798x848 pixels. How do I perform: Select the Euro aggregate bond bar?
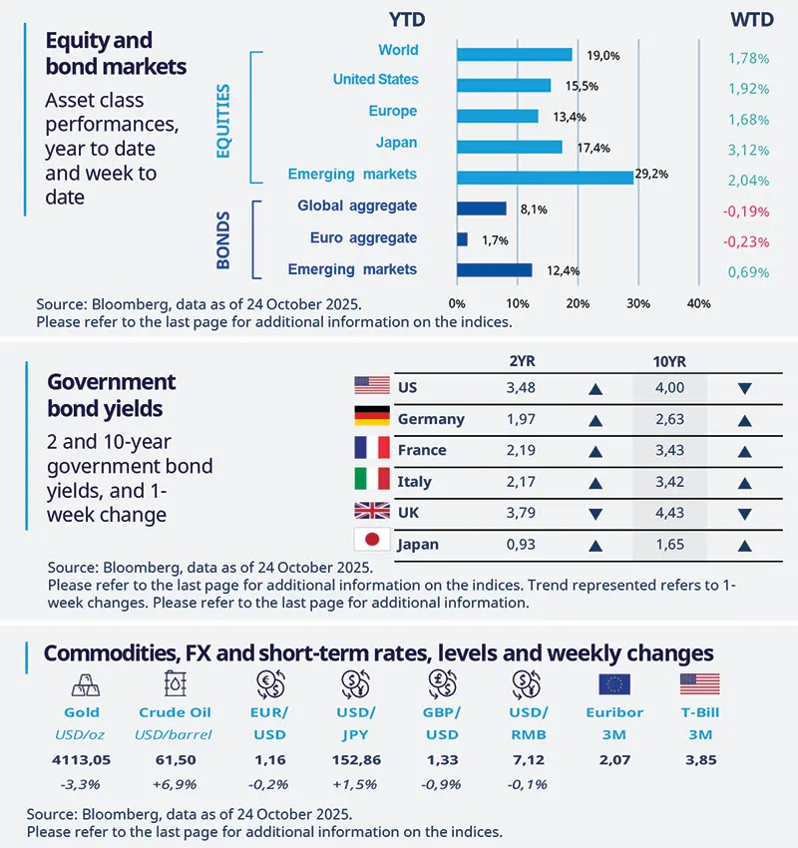(x=462, y=239)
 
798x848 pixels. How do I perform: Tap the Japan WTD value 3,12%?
(x=748, y=150)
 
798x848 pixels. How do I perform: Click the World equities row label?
(x=398, y=50)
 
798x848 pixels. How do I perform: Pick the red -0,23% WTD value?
(x=748, y=240)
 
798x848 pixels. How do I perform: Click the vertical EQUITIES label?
(x=222, y=120)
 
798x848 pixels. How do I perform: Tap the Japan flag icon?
(x=370, y=544)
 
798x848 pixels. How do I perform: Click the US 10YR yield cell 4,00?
(x=669, y=387)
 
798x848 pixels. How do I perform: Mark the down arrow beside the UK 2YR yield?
(x=596, y=514)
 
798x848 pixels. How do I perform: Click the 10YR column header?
(x=668, y=361)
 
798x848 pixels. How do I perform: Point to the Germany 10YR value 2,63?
(x=669, y=419)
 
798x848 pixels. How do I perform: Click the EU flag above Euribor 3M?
(x=612, y=684)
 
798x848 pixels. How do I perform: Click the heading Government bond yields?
(x=112, y=395)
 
